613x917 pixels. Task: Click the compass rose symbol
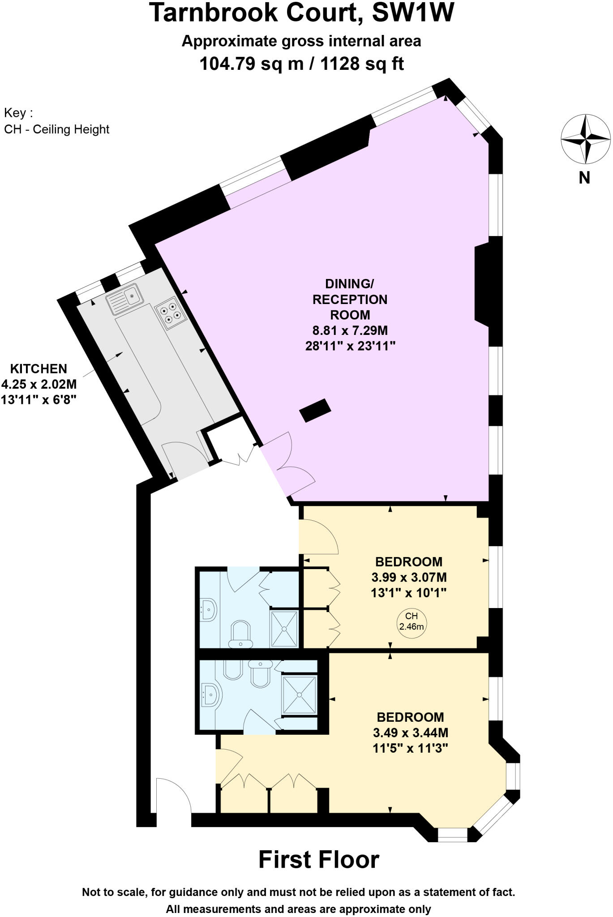[585, 139]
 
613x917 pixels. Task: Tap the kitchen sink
[124, 299]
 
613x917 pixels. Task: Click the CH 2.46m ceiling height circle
[411, 622]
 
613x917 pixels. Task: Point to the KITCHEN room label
[39, 369]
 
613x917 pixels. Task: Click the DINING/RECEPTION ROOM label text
[350, 299]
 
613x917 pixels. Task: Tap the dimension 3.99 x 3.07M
[409, 577]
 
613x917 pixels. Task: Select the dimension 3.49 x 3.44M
[410, 733]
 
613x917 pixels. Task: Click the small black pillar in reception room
[315, 410]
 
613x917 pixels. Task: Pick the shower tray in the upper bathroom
[284, 629]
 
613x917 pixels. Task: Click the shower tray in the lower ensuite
[299, 695]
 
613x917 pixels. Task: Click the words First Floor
[319, 860]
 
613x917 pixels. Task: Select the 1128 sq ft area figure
[363, 64]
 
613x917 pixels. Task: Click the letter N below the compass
[584, 178]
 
